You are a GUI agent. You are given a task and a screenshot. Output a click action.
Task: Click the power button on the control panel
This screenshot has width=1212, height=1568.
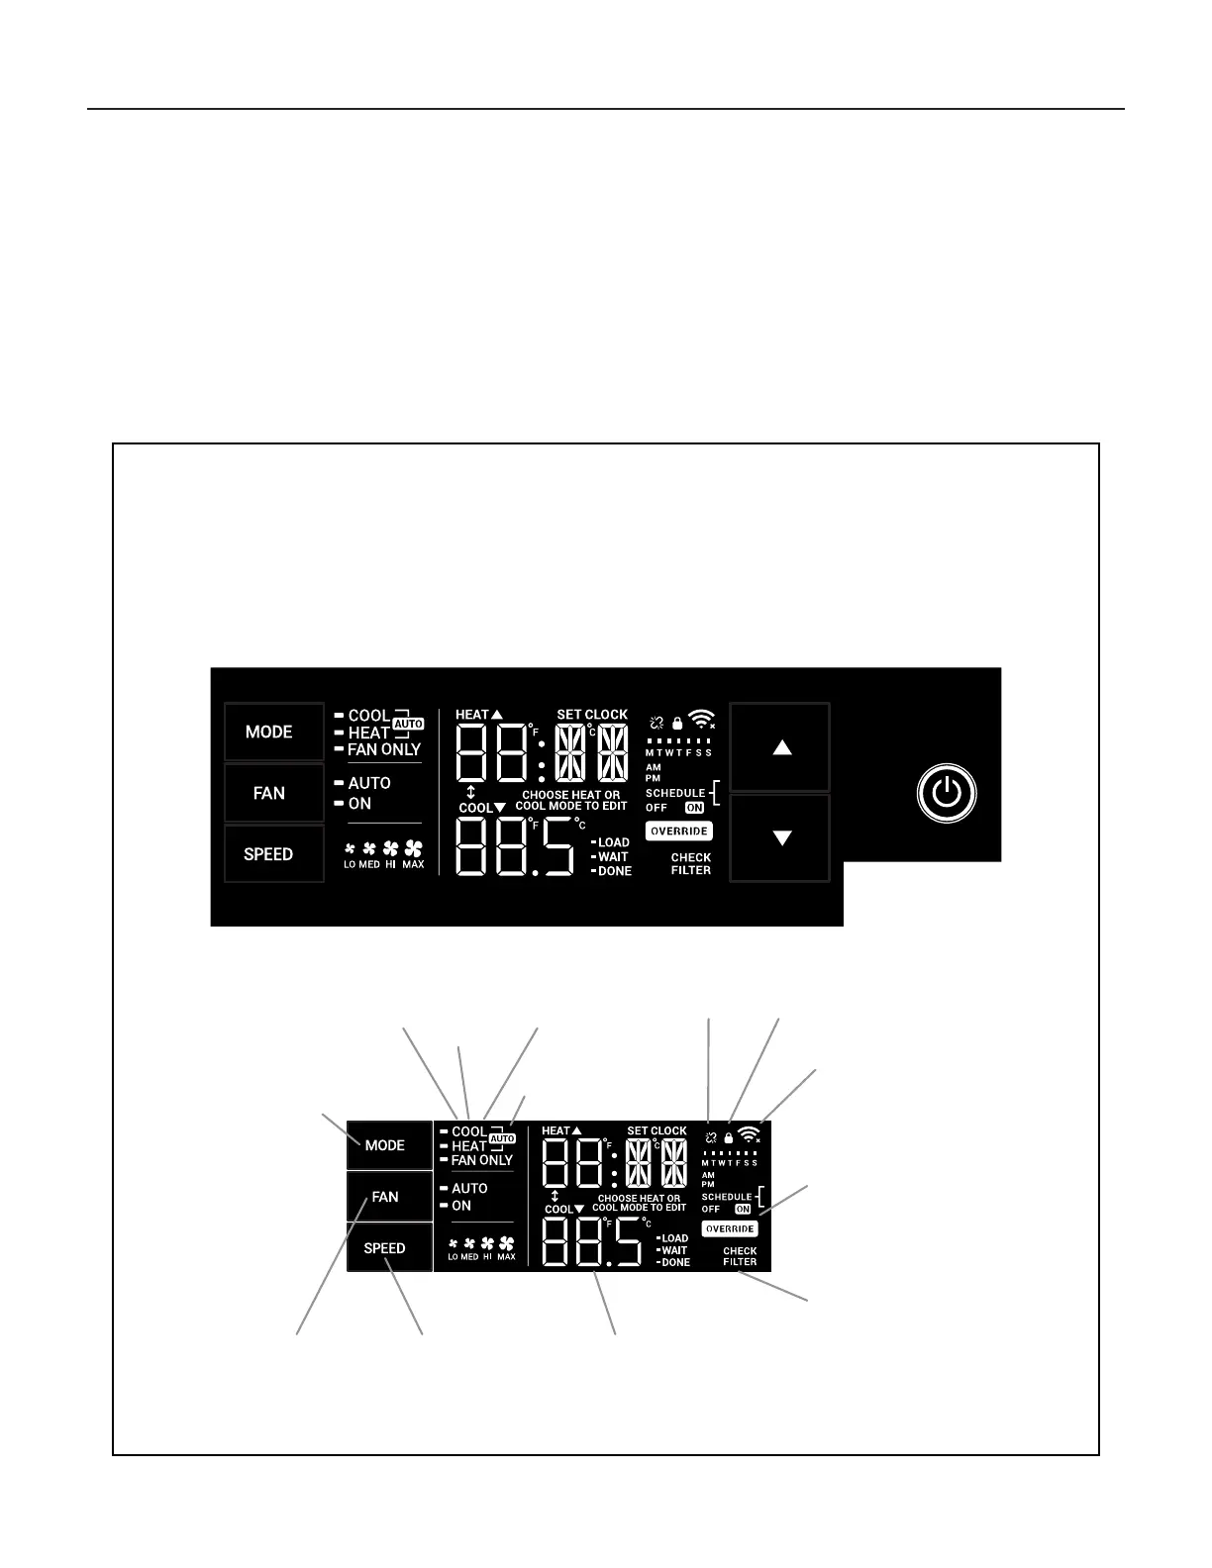click(947, 793)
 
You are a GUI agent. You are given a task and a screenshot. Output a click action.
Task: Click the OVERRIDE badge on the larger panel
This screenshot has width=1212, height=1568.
click(679, 832)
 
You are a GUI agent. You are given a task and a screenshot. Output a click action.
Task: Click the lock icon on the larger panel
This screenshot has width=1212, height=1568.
click(677, 724)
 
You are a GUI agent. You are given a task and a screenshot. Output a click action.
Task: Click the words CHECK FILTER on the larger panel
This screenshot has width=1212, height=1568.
click(691, 864)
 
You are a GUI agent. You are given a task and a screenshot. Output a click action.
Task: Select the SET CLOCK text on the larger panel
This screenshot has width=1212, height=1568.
click(592, 715)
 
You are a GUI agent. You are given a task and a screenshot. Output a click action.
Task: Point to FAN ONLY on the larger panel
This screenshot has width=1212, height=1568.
click(384, 750)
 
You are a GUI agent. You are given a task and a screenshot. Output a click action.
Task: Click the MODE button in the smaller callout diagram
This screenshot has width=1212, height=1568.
click(384, 1145)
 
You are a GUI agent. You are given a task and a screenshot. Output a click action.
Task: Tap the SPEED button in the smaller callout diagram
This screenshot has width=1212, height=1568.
click(384, 1248)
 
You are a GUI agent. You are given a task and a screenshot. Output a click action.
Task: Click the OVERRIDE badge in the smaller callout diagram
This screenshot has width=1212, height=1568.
click(730, 1228)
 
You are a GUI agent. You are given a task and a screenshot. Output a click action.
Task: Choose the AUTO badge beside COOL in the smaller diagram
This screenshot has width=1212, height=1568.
click(503, 1139)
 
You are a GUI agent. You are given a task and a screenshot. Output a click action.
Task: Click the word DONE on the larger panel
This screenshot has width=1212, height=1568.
click(615, 871)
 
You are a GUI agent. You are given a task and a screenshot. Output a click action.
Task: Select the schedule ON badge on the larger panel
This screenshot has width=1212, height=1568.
click(694, 808)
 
